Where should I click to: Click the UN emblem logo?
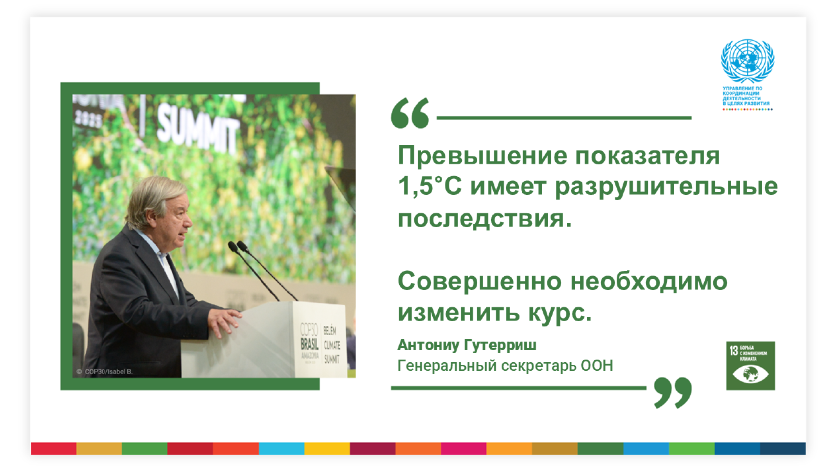point(747,60)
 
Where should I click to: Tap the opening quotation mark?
point(410,113)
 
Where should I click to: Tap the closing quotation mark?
point(673,392)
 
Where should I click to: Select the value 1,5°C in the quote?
point(429,187)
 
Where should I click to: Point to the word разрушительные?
point(666,187)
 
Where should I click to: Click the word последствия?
point(484,219)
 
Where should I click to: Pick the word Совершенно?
point(479,281)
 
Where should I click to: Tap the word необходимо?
point(649,281)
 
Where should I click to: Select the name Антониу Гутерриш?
point(467,345)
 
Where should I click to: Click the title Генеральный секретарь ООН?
point(505,366)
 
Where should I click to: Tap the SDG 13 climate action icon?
point(750,365)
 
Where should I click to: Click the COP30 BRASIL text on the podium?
point(310,338)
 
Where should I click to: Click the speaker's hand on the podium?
point(226,320)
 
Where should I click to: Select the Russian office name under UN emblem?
point(745,96)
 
